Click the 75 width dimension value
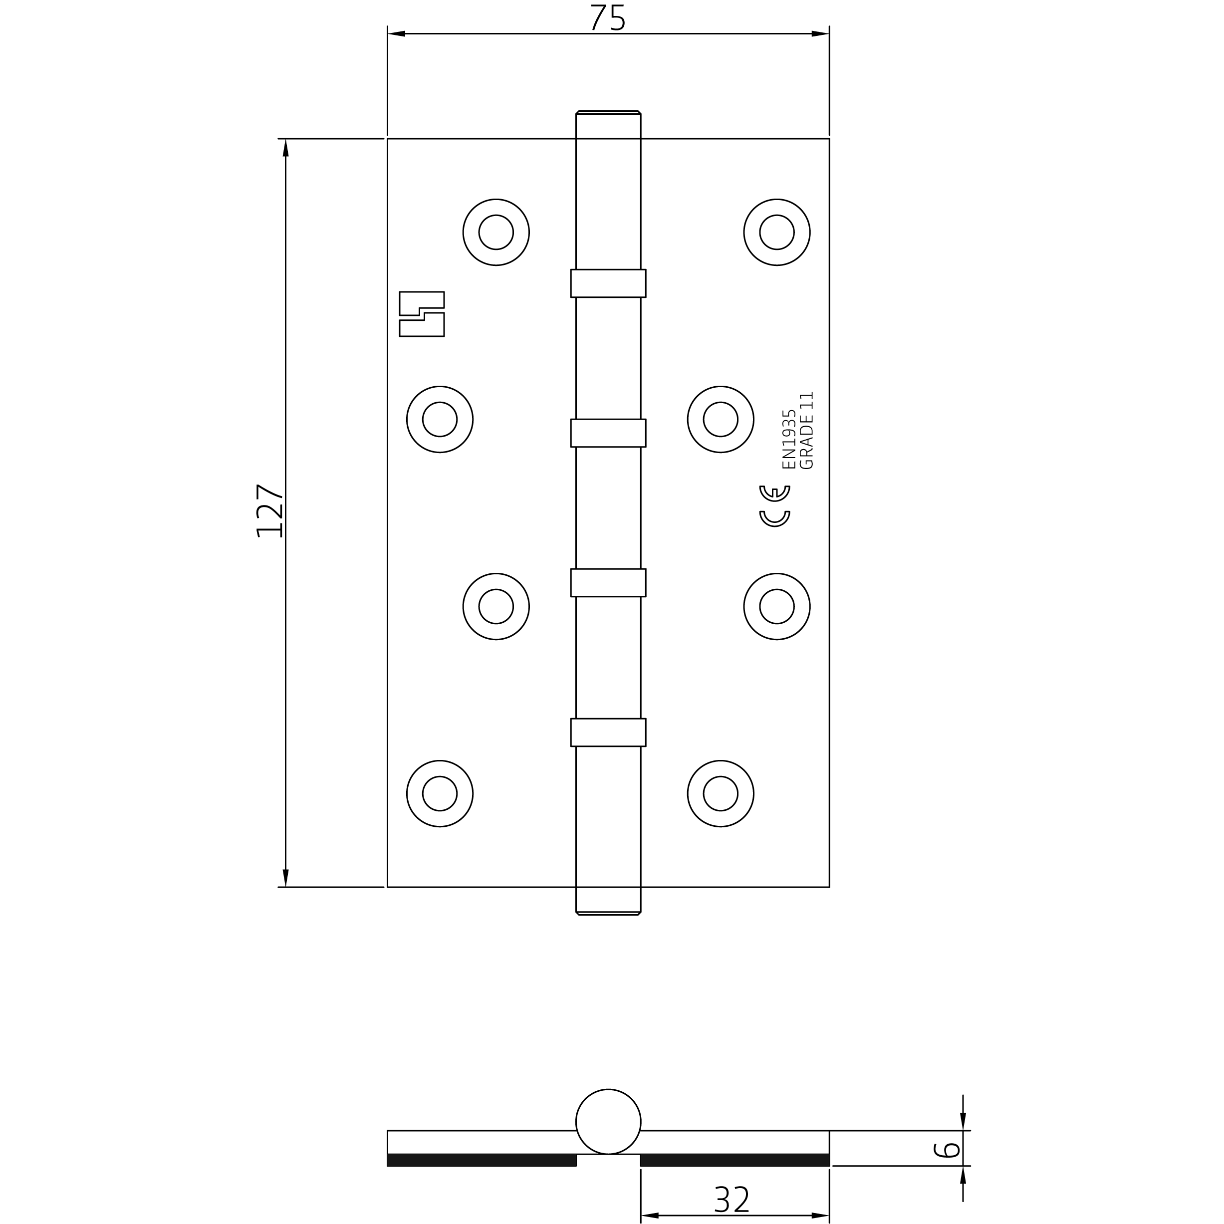coord(608,18)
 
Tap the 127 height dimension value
coord(269,511)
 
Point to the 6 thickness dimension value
coord(947,1149)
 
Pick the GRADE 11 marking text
coord(806,430)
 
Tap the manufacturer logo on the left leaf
coord(422,313)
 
